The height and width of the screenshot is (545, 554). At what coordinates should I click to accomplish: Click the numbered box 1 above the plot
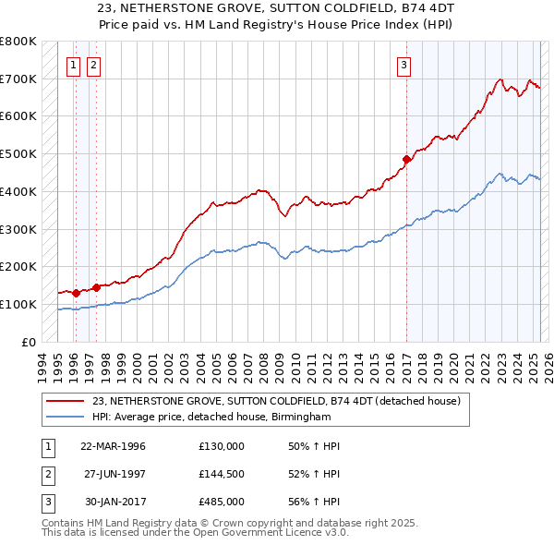tap(74, 65)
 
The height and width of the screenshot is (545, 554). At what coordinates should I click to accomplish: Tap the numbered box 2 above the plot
tap(94, 65)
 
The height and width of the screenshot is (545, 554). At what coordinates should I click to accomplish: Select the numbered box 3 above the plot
tap(404, 65)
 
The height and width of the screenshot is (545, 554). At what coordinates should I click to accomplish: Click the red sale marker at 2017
tap(406, 160)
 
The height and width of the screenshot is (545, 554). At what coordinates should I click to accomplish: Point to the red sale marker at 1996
tap(75, 293)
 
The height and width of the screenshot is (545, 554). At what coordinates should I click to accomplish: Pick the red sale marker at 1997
tap(96, 287)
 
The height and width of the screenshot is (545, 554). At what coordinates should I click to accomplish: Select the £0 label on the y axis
tap(28, 342)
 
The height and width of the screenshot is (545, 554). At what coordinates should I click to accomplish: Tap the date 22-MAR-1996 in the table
tap(114, 446)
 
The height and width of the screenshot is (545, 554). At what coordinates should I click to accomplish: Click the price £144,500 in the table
tap(222, 474)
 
